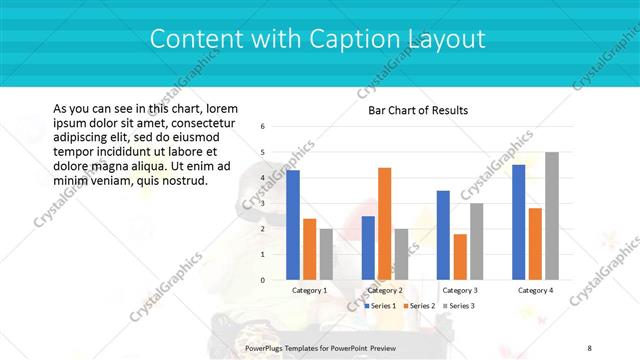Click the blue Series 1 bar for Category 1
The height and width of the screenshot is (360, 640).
(293, 225)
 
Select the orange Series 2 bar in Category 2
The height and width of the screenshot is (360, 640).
(384, 224)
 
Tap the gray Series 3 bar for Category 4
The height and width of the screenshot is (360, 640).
(551, 216)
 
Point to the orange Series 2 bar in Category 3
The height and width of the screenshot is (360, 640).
(459, 257)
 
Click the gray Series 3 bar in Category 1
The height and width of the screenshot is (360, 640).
(326, 254)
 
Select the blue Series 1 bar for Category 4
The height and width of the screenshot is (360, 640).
(518, 222)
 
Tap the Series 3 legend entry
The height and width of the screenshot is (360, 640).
(457, 305)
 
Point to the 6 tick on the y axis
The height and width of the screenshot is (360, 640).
(262, 127)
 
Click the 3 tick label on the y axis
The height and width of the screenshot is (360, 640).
(262, 204)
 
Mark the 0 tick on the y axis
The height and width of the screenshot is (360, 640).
(262, 280)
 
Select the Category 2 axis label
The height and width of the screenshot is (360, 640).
(385, 290)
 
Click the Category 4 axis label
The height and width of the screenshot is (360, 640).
(535, 290)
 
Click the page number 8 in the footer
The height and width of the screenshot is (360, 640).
(589, 347)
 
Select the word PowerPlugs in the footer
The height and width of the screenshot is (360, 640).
(267, 347)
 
